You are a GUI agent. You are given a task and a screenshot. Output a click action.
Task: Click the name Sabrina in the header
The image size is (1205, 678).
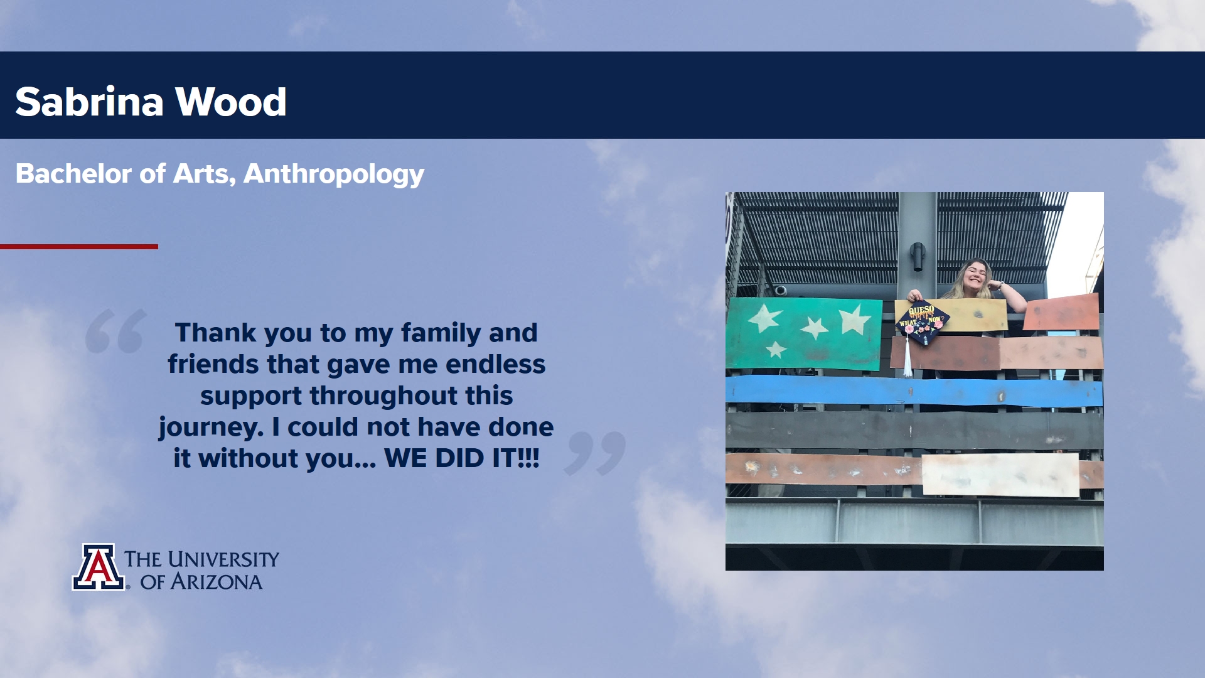89,102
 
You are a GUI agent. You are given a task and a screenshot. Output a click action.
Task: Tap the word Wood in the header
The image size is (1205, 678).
230,102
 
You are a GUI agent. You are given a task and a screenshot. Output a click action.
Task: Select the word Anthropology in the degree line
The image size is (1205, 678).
334,175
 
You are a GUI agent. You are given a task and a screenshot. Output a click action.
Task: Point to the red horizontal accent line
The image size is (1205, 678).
79,247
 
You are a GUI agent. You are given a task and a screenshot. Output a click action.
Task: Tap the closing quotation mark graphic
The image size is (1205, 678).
595,453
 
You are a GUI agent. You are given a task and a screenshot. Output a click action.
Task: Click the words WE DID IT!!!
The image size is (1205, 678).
462,458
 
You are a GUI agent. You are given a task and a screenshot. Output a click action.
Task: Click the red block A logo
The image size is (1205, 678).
99,567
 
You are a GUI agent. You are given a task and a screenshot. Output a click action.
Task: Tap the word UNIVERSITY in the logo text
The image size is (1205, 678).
223,559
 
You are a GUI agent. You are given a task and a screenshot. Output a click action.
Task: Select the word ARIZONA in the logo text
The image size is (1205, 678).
217,582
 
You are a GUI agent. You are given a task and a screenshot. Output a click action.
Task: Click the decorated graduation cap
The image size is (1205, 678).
923,321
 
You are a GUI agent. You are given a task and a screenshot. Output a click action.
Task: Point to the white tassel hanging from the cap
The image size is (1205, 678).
908,355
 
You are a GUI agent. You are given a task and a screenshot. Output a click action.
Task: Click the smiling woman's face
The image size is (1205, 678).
976,276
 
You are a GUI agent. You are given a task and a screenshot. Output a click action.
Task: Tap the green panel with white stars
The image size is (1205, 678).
804,333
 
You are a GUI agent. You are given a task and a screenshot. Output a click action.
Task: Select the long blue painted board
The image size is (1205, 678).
914,392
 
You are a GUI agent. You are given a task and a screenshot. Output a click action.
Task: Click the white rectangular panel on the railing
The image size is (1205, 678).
1000,475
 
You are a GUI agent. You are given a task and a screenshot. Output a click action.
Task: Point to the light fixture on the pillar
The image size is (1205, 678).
918,256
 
